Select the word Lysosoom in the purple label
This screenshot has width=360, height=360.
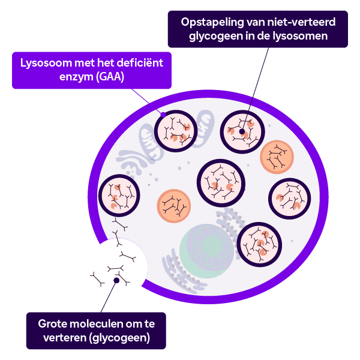(46, 63)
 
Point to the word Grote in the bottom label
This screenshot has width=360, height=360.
(53, 324)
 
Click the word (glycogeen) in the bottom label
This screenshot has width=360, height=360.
(119, 338)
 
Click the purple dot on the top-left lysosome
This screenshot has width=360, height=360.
(163, 115)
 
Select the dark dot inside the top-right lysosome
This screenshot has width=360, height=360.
(242, 131)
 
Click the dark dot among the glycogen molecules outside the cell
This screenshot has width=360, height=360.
(116, 280)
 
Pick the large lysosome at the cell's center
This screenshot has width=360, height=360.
(221, 183)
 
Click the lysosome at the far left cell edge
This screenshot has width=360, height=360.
(119, 196)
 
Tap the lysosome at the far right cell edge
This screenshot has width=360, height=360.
(290, 199)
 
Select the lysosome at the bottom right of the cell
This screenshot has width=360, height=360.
(259, 245)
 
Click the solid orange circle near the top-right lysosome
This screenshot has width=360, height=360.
(277, 157)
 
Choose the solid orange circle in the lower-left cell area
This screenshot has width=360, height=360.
(174, 206)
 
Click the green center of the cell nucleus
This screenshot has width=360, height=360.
(212, 247)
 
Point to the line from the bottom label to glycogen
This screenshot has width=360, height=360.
(109, 296)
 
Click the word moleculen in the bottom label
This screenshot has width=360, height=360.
(100, 324)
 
